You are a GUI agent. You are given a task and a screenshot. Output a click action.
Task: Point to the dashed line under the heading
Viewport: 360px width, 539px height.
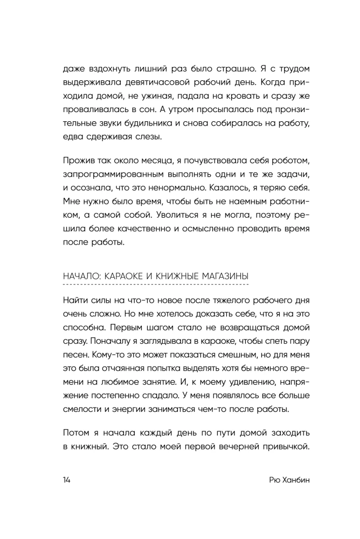coord(156,284)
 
